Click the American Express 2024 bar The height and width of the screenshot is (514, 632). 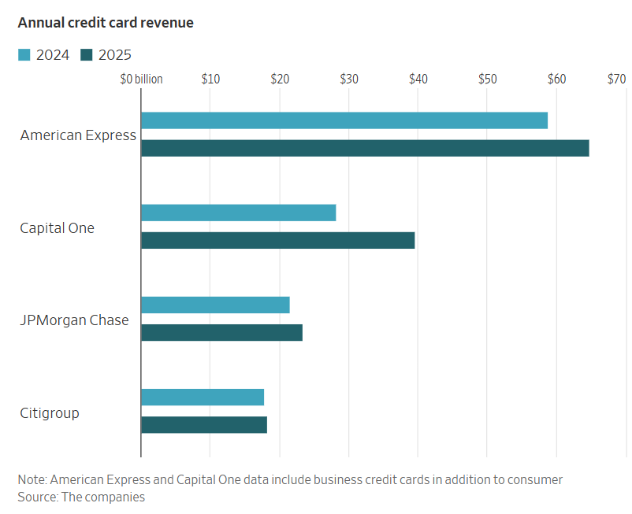coord(344,120)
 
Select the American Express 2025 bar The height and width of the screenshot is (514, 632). coord(365,148)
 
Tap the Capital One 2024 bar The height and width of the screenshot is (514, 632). coord(239,213)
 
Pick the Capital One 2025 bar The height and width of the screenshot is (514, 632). coord(278,240)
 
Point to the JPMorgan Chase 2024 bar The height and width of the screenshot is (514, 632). coord(215,305)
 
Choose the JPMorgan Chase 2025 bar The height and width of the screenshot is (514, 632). coord(221,332)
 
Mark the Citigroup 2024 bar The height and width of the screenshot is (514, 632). coord(203,397)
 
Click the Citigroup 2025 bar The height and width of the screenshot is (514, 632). coord(204,424)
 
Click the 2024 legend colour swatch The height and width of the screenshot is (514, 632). coord(24,55)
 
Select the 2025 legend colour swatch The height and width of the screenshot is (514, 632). coord(86,55)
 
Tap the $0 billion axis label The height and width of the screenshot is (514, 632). coord(141,79)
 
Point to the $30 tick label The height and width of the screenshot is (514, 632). coord(348,79)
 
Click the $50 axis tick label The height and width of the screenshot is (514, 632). coord(487,79)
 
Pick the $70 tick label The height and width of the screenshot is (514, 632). coord(615,79)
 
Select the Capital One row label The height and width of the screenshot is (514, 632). coord(57,227)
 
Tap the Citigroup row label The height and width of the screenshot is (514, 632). coord(50,412)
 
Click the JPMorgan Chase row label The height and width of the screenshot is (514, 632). coord(74,320)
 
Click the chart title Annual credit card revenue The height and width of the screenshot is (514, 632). coord(106,23)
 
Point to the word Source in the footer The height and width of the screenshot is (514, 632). coord(37,497)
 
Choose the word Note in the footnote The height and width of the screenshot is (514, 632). coord(33,479)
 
